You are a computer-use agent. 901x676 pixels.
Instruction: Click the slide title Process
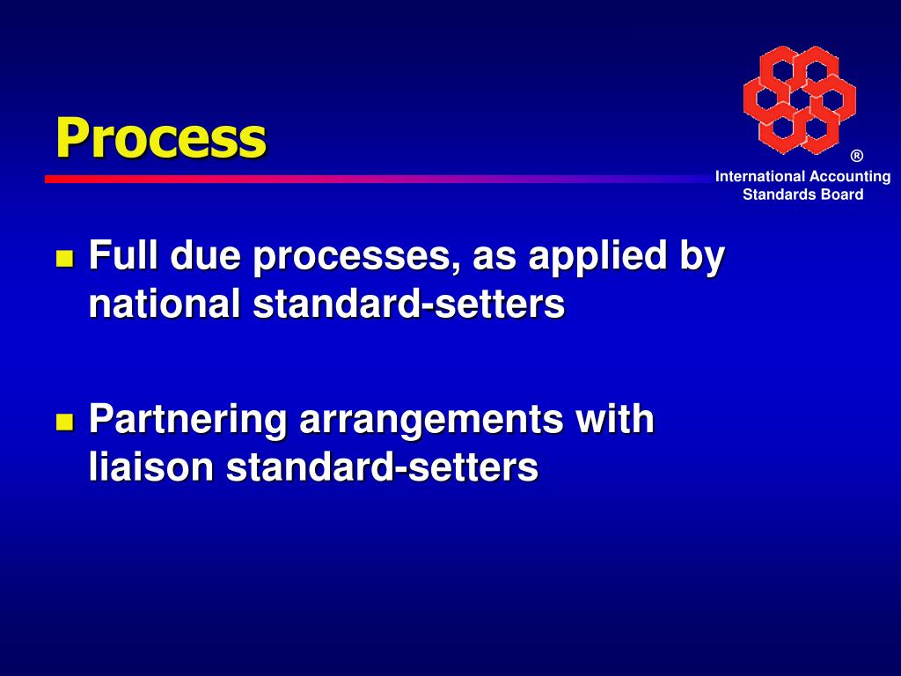pyautogui.click(x=160, y=137)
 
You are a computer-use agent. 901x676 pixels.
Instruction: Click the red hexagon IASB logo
pyautogui.click(x=799, y=99)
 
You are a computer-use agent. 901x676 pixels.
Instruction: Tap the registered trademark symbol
pyautogui.click(x=856, y=157)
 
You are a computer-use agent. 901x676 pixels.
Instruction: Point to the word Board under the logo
pyautogui.click(x=842, y=195)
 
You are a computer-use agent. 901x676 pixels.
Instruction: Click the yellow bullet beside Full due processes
pyautogui.click(x=64, y=259)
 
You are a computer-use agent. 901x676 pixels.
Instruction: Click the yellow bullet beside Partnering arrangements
pyautogui.click(x=64, y=421)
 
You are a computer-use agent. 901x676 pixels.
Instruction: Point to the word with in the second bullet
pyautogui.click(x=615, y=418)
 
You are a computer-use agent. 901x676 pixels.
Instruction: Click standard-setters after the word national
pyautogui.click(x=408, y=305)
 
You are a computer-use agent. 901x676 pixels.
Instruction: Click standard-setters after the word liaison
pyautogui.click(x=382, y=467)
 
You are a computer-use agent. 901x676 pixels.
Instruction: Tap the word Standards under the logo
pyautogui.click(x=780, y=195)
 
